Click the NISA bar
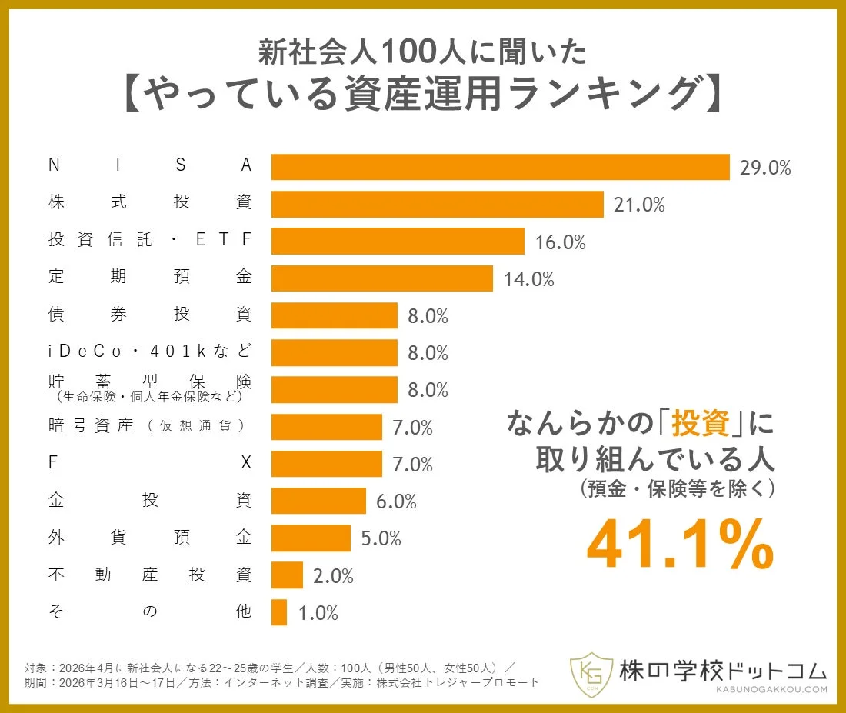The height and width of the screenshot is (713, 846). point(500,167)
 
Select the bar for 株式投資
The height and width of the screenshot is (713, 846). point(437,205)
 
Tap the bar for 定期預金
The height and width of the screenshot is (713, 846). point(381,278)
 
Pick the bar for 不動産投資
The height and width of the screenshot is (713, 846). point(287,575)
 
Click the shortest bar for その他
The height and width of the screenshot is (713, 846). point(279,612)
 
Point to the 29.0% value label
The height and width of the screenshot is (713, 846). point(764,168)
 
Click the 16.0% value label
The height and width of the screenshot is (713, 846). point(560,242)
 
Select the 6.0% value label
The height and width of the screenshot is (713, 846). point(396,502)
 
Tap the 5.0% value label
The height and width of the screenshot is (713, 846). point(381,539)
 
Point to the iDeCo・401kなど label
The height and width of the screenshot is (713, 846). point(149,352)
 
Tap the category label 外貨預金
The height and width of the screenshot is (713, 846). point(149,538)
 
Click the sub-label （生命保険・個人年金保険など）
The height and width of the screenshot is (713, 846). point(149,398)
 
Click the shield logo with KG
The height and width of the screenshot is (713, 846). point(591,675)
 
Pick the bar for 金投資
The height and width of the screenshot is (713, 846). point(318,501)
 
